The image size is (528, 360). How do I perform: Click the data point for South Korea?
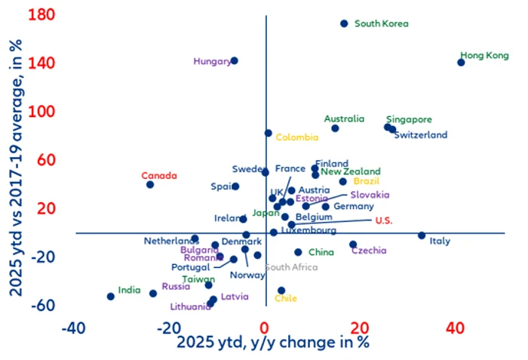coord(344,23)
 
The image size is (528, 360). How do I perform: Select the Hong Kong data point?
coord(461,63)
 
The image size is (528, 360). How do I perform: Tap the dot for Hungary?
coord(234,60)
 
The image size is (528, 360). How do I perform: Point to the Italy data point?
coord(422,235)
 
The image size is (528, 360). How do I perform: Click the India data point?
coord(111,297)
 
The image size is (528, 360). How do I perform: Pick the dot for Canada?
coord(150,184)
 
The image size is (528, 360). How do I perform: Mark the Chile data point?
coord(281,291)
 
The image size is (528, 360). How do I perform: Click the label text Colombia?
coord(297,137)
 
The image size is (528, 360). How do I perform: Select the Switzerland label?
coord(421,135)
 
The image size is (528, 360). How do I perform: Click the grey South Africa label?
coord(290,267)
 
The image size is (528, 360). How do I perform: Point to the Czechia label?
coord(369,251)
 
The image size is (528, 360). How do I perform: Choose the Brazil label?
coord(366,181)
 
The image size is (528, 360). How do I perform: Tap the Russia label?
coord(176,287)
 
